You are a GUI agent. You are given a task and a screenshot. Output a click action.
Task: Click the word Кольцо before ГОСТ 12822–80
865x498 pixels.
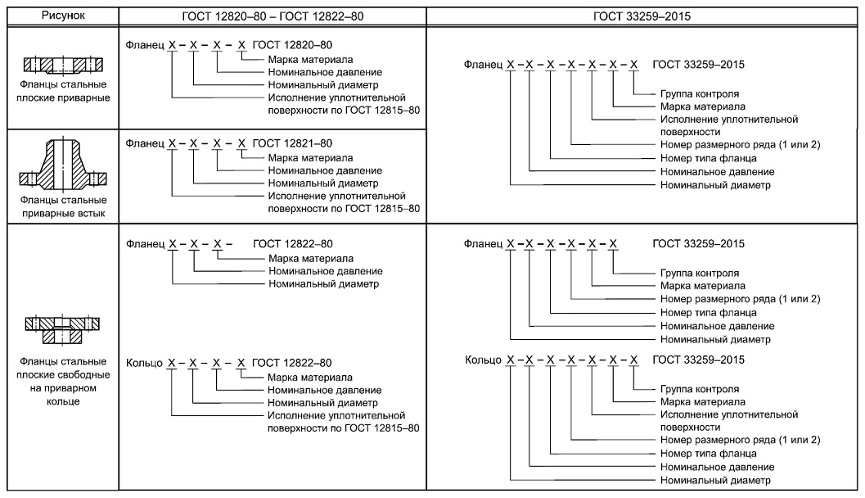pos(144,362)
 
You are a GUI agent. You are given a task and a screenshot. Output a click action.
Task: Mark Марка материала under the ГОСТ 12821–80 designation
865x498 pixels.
pos(310,157)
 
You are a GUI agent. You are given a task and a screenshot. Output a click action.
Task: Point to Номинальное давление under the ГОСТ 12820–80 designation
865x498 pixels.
pos(325,72)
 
